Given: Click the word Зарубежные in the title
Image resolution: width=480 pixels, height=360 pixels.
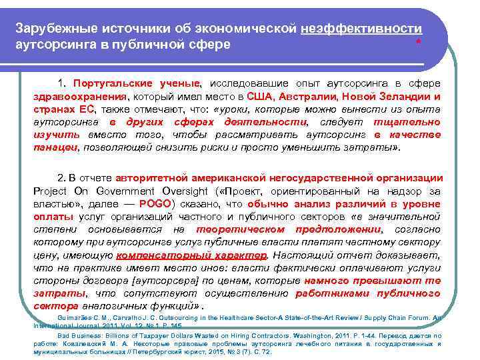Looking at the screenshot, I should pyautogui.click(x=52, y=30).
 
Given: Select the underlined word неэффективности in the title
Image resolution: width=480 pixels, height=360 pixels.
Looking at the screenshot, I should pyautogui.click(x=361, y=30).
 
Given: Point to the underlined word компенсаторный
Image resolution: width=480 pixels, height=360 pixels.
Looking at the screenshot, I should pyautogui.click(x=154, y=255).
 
